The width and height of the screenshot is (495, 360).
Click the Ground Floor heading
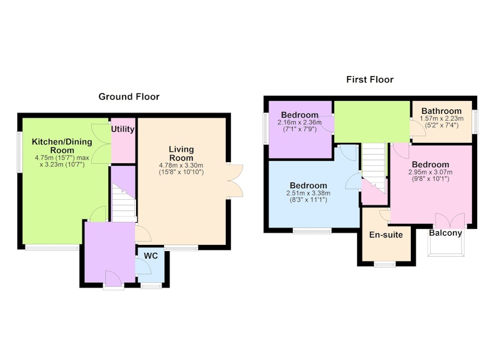[129, 96]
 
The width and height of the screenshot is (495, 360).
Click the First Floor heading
[369, 80]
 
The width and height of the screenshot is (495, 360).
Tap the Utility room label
[123, 129]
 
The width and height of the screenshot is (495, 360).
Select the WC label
[150, 255]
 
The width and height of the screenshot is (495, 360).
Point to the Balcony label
[445, 233]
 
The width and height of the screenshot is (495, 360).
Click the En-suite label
[386, 234]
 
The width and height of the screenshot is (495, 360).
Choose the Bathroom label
[441, 111]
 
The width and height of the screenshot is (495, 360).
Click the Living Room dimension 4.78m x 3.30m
[181, 165]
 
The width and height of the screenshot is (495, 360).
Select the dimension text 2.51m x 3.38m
[308, 193]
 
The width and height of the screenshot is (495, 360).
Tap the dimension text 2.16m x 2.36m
[299, 122]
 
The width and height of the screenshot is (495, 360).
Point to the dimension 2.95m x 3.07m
[430, 173]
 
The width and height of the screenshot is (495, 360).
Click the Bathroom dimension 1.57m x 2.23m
[441, 119]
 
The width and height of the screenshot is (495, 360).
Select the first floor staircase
[374, 166]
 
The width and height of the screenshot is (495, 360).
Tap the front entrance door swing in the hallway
[113, 278]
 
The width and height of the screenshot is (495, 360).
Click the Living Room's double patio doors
[235, 181]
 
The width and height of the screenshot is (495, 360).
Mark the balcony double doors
[450, 221]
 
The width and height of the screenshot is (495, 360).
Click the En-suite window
[385, 264]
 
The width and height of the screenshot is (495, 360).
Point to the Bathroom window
[475, 121]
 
